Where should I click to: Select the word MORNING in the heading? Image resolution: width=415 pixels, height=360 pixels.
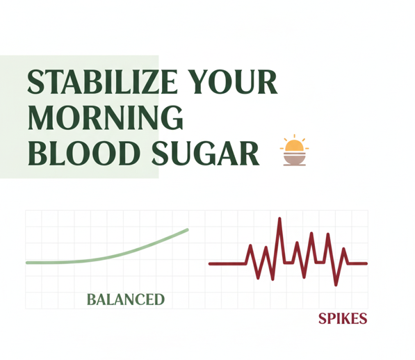pyautogui.click(x=105, y=118)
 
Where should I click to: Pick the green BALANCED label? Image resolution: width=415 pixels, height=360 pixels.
pyautogui.click(x=125, y=300)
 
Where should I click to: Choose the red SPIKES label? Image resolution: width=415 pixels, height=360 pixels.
pyautogui.click(x=342, y=319)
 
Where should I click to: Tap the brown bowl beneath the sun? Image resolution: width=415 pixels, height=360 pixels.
pyautogui.click(x=295, y=160)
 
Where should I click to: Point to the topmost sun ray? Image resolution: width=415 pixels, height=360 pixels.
pyautogui.click(x=295, y=136)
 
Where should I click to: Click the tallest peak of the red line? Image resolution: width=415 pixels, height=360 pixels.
pyautogui.click(x=279, y=220)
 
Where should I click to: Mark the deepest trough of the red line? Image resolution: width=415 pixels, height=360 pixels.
pyautogui.click(x=336, y=284)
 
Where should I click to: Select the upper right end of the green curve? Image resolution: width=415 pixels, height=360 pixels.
pyautogui.click(x=186, y=229)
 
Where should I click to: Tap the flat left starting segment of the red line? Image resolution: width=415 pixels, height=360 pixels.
pyautogui.click(x=226, y=263)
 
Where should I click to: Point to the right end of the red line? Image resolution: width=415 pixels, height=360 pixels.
pyautogui.click(x=366, y=263)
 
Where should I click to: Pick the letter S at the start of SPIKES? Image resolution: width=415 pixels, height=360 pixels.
pyautogui.click(x=323, y=319)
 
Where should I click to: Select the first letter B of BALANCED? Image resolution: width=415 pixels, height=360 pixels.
pyautogui.click(x=91, y=300)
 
